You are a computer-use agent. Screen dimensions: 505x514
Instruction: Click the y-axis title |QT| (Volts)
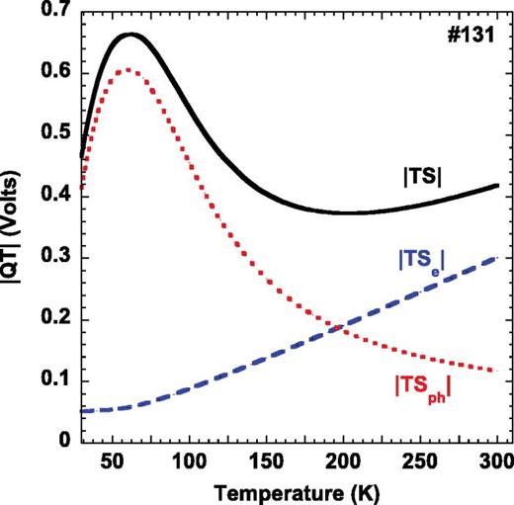click(16, 227)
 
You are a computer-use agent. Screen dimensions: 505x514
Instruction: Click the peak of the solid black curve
click(131, 35)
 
